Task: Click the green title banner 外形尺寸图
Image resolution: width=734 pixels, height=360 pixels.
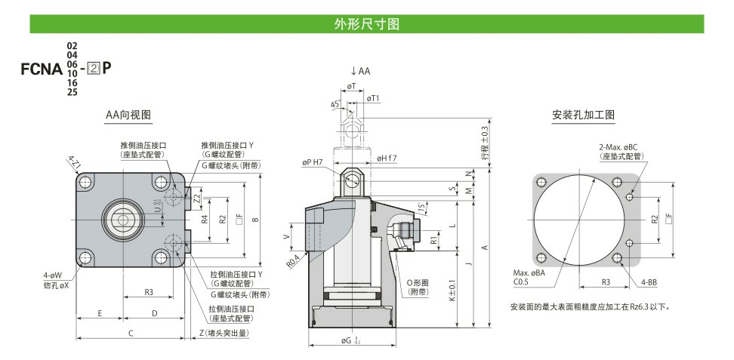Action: coord(366,24)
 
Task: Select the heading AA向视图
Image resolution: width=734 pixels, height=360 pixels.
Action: coord(128,115)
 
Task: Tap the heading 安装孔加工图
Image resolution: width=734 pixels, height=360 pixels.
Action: coord(583,115)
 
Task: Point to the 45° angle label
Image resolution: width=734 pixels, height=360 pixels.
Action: coord(335,104)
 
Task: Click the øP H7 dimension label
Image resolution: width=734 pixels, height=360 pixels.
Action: coord(312,162)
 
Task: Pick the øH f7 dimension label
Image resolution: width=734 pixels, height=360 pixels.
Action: coord(387,158)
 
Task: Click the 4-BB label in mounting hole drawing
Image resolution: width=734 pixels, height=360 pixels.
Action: coord(649,282)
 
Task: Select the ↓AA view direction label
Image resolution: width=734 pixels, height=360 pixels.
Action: coord(360,72)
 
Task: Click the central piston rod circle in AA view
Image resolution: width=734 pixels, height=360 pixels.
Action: coord(122,219)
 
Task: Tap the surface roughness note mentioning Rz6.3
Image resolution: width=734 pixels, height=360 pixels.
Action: coord(591,307)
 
